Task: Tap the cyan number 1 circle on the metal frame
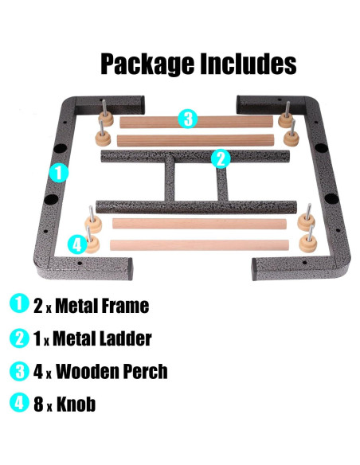point(57,172)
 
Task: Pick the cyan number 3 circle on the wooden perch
point(187,119)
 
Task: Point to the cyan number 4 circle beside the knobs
point(76,244)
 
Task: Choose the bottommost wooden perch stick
point(196,244)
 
